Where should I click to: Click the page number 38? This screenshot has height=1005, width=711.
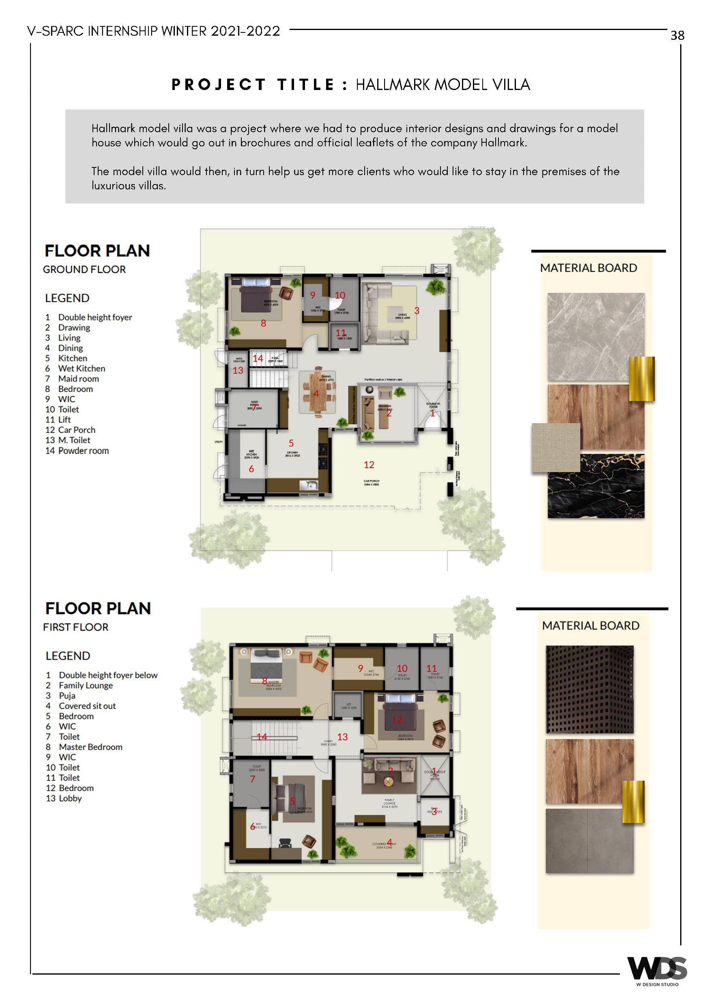point(677,35)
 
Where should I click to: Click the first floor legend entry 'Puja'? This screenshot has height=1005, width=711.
point(67,696)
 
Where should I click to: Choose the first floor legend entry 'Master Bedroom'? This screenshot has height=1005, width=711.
point(90,747)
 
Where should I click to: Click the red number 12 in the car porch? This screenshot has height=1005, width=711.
point(369,465)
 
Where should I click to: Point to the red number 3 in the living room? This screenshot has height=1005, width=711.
point(417,311)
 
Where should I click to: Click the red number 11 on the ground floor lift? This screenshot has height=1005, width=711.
point(341,333)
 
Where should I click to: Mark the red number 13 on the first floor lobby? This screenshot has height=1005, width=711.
point(342,737)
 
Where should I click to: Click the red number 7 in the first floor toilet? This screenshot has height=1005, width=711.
point(252,779)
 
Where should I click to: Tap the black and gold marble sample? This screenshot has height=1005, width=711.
point(595,486)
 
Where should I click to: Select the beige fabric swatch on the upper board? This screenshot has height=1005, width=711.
point(556,447)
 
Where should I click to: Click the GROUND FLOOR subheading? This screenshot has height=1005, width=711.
point(84,269)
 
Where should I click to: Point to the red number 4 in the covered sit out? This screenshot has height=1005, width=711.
point(389,842)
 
